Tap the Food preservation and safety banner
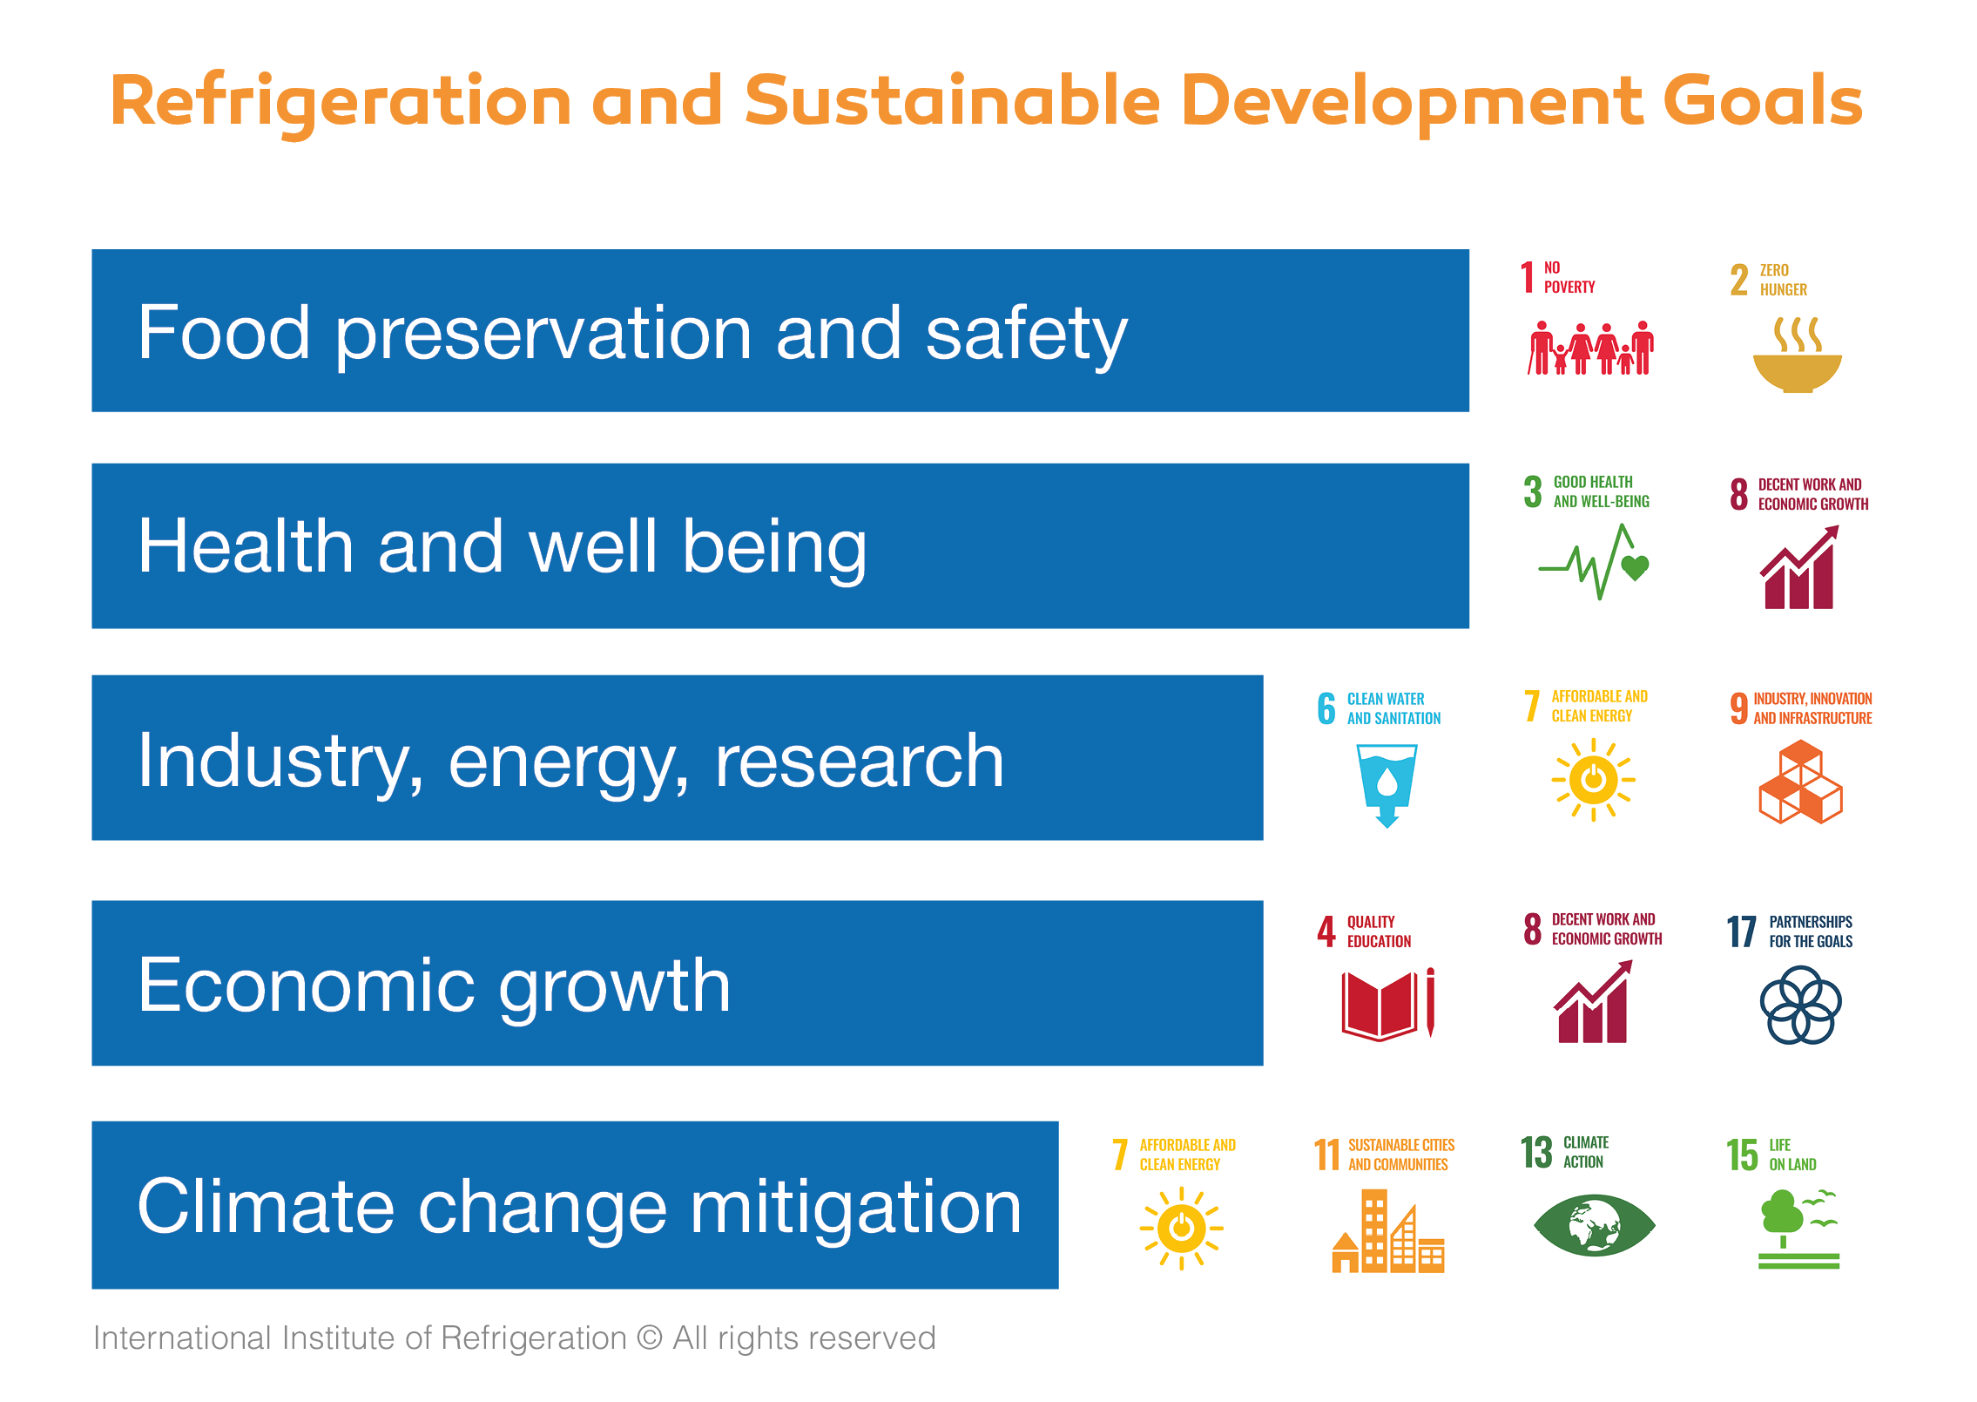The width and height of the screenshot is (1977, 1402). click(780, 330)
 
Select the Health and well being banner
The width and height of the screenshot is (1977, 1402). click(780, 545)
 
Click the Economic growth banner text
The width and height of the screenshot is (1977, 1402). click(434, 986)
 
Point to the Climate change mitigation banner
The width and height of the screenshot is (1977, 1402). click(575, 1205)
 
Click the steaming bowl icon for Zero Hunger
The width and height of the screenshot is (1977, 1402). click(1798, 355)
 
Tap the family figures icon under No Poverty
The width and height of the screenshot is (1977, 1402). click(1590, 348)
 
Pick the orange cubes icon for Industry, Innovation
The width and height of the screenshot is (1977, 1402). click(1800, 782)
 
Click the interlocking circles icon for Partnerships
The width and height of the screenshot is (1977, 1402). click(1800, 1005)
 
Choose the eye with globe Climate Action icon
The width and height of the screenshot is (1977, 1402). click(1594, 1225)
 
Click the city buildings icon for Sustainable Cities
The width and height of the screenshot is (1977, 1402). click(1388, 1230)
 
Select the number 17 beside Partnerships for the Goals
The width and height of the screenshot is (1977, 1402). click(1742, 931)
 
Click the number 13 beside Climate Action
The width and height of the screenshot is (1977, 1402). click(1536, 1152)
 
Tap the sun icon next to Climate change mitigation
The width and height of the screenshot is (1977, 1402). click(1182, 1229)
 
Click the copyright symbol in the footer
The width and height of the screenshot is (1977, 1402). click(650, 1338)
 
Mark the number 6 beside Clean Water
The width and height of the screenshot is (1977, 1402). click(1326, 708)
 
